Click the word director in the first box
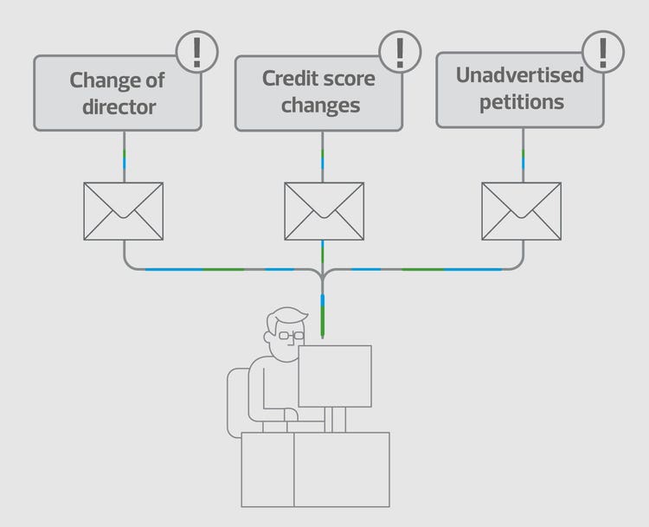click(x=119, y=106)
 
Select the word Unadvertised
click(x=520, y=75)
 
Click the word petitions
click(x=522, y=102)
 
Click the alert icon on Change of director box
click(x=197, y=52)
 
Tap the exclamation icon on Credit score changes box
click(x=400, y=52)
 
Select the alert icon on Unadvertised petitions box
click(x=603, y=52)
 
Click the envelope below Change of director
click(x=124, y=211)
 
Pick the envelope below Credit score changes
click(x=324, y=211)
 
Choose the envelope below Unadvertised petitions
click(x=522, y=211)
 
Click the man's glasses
click(x=292, y=336)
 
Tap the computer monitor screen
click(x=335, y=376)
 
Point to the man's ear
click(x=268, y=337)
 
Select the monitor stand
click(x=335, y=420)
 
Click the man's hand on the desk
click(x=291, y=415)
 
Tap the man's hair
click(x=286, y=318)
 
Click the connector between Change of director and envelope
click(x=124, y=157)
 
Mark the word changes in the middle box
click(x=320, y=106)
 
